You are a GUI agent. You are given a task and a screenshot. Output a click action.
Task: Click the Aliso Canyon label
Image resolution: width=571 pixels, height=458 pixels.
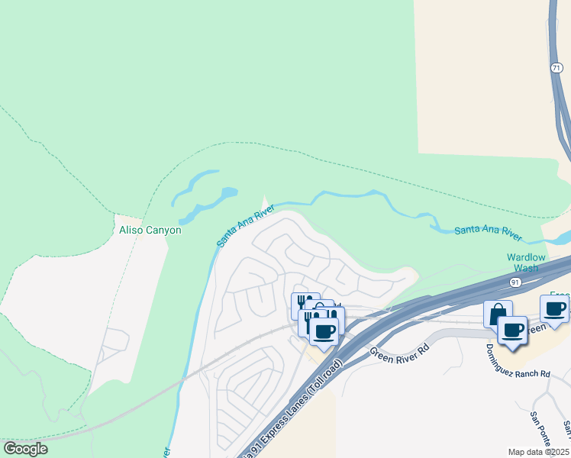pos(150,230)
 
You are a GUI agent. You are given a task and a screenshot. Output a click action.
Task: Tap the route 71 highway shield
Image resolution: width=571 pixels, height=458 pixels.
pos(557,68)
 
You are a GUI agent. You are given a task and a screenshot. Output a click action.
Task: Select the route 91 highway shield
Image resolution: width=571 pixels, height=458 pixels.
pos(515,282)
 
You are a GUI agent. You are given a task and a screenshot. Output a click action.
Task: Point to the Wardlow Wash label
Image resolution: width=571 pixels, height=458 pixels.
pos(527,263)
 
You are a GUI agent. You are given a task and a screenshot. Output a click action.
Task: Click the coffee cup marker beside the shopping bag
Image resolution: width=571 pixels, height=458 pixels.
pos(512,331)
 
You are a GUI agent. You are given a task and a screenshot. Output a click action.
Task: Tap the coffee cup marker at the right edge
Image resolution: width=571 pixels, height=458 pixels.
pos(555,308)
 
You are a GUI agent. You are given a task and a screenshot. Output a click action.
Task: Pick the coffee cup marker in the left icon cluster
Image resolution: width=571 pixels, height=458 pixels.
pos(324,331)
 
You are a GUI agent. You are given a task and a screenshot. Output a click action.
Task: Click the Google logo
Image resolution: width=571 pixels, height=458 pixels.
pos(25,449)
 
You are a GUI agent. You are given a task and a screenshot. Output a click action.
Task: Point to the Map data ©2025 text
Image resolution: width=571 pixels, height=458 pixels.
pos(538,452)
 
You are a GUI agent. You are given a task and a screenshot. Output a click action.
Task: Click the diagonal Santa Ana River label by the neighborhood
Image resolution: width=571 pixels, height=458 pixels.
pos(244,225)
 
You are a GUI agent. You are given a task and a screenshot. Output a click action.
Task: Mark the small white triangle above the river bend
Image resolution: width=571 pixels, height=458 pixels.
pos(266,205)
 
